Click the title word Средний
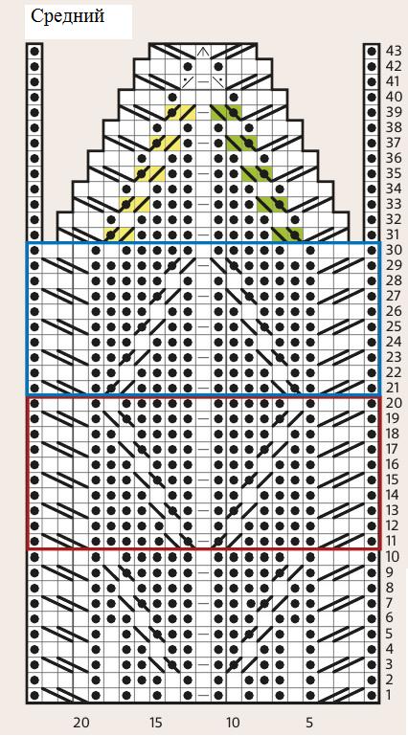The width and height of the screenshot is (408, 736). pos(68,17)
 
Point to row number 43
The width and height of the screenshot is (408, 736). pos(393,51)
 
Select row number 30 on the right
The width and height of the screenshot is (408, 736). pos(393,250)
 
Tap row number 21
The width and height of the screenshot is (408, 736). pos(393,389)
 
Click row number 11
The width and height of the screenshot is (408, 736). pos(393,541)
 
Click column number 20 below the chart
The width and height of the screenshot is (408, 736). pos(80,722)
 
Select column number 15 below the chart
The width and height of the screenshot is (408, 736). pos(157,722)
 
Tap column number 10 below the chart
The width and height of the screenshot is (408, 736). pos(233,722)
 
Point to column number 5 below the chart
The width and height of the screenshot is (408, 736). pos(309,722)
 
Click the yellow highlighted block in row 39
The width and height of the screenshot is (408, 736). pos(180,112)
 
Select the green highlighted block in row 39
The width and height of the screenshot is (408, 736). pos(226,112)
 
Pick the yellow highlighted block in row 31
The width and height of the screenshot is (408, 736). pos(120,234)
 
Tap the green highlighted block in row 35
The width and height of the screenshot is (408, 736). pos(257,173)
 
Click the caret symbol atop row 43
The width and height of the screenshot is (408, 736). pos(203,51)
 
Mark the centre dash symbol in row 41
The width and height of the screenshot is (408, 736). pos(203,81)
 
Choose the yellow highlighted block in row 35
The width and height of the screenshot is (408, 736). pos(149,173)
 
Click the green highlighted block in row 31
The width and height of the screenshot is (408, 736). pos(287,234)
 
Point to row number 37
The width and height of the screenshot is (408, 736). pos(393,143)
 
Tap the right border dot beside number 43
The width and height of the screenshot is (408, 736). pos(372,51)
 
